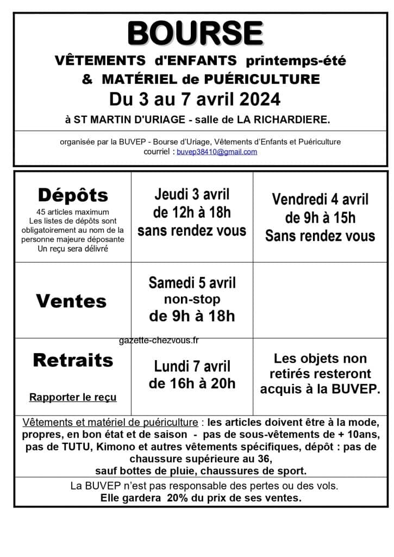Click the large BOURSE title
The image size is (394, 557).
pos(196,34)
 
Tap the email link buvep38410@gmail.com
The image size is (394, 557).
pos(217,152)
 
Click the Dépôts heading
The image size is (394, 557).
pos(73,195)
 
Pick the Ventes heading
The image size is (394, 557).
pos(71,301)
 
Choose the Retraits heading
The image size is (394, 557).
pos(73,360)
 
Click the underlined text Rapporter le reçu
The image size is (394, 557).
pos(73,397)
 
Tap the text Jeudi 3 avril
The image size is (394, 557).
pos(192,194)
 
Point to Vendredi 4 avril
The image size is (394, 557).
pos(320,199)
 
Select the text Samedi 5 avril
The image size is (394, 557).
pos(192,283)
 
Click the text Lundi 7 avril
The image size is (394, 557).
pos(192,366)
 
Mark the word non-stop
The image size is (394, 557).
pos(192,300)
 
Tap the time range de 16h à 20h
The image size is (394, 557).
pos(192,383)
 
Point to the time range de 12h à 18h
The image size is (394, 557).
pos(192,212)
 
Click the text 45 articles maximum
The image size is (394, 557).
pos(73,212)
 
